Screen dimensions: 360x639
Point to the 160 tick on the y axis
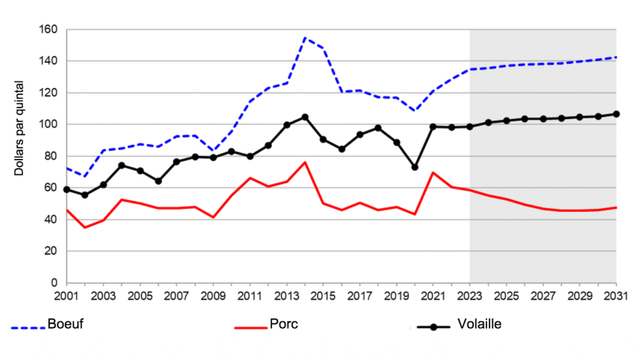(48, 30)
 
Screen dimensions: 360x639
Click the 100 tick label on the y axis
(48, 125)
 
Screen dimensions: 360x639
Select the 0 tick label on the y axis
(55, 283)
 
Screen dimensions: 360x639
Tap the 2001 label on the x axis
(67, 298)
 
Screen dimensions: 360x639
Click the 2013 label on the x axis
(287, 298)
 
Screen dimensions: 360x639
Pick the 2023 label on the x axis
(470, 298)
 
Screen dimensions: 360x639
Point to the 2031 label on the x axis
(616, 298)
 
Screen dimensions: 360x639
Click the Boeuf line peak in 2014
(305, 37)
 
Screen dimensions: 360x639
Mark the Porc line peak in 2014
(305, 162)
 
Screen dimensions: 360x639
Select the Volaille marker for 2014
(305, 117)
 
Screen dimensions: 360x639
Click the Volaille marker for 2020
(415, 168)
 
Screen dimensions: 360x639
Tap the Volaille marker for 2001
(67, 189)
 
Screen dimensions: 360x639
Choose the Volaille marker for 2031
(616, 114)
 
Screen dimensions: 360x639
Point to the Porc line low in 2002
(85, 227)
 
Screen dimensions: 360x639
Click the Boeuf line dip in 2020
(415, 111)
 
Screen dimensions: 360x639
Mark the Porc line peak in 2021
(433, 173)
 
